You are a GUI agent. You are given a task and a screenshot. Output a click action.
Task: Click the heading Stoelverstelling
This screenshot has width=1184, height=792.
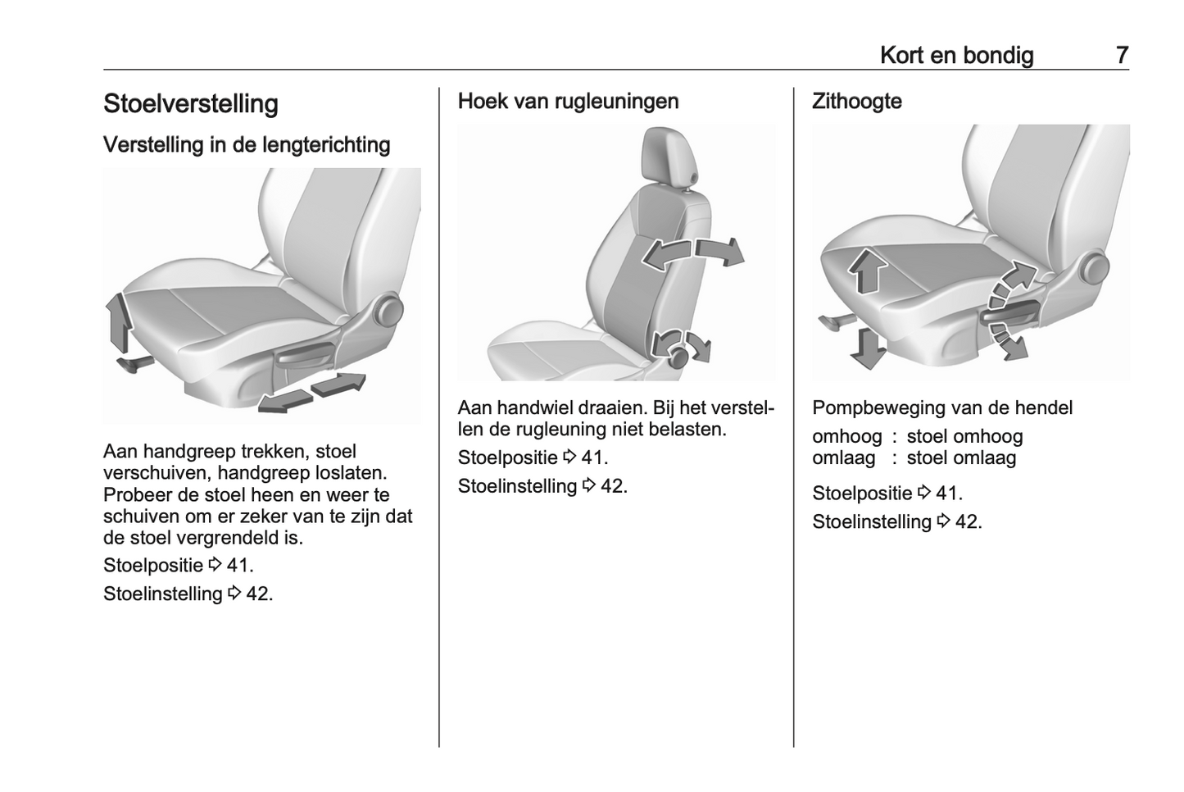[x=191, y=103]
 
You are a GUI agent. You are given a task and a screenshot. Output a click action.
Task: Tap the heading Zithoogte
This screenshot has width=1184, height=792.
[x=857, y=102]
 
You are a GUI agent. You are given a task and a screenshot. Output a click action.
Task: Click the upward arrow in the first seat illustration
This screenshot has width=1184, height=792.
[x=119, y=322]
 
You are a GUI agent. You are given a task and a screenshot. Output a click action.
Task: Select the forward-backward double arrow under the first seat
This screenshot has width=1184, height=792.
[x=312, y=393]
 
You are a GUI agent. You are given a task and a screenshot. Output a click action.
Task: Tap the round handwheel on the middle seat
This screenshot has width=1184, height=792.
[x=679, y=357]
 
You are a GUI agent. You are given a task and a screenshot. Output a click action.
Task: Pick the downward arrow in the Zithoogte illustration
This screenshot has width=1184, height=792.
[x=868, y=348]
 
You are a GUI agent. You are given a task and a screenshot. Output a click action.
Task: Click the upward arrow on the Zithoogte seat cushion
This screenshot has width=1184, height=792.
[x=868, y=271]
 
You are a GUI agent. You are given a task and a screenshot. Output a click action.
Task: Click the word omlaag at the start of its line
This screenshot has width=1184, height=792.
[x=844, y=458]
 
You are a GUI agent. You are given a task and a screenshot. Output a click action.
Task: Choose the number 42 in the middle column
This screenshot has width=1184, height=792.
[x=614, y=486]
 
